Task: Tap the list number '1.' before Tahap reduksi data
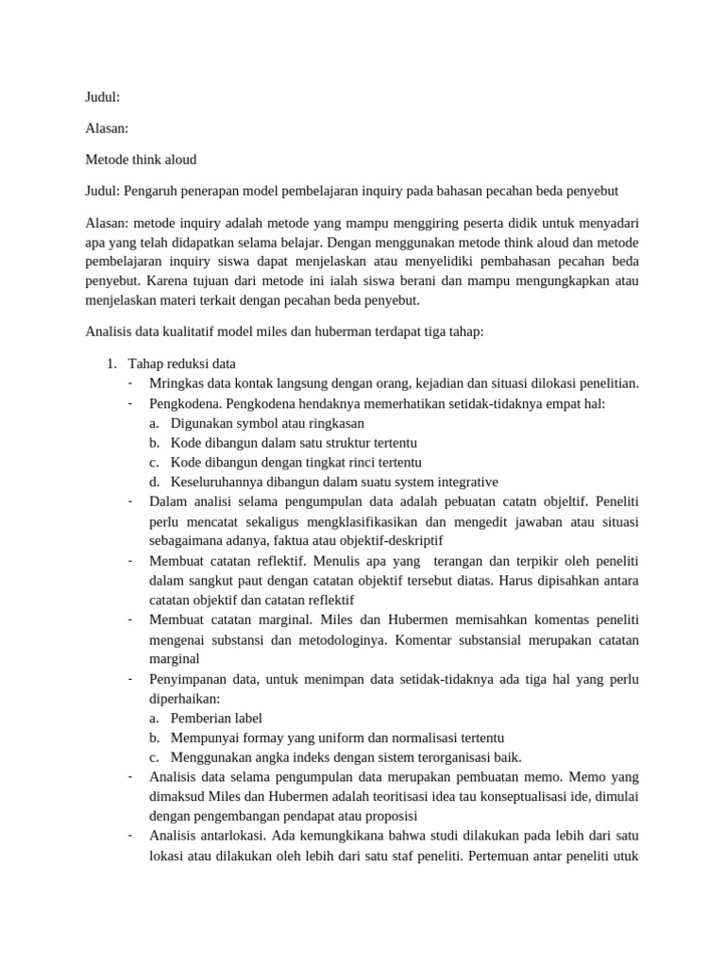(110, 364)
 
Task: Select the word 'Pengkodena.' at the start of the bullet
(185, 403)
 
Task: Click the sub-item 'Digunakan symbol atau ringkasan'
(267, 423)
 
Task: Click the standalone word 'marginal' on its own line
(175, 658)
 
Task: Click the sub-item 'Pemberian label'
(216, 718)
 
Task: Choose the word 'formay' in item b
(263, 738)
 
